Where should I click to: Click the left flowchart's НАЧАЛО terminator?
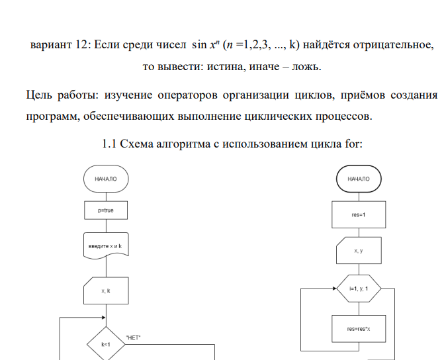pyautogui.click(x=106, y=179)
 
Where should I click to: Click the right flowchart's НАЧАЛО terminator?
pyautogui.click(x=359, y=179)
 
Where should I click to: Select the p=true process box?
pyautogui.click(x=106, y=210)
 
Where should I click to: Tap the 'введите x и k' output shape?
pyautogui.click(x=106, y=246)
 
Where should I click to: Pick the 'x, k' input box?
pyautogui.click(x=106, y=290)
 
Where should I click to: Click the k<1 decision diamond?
pyautogui.click(x=106, y=345)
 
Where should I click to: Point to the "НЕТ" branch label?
pyautogui.click(x=134, y=337)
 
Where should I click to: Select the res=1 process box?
pyautogui.click(x=359, y=214)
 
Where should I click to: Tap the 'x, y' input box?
pyautogui.click(x=359, y=251)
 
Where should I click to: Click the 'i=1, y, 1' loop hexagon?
pyautogui.click(x=359, y=289)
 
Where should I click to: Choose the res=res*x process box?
pyautogui.click(x=359, y=329)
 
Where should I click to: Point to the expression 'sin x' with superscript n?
pyautogui.click(x=204, y=45)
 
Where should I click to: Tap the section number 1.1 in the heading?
pyautogui.click(x=111, y=144)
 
